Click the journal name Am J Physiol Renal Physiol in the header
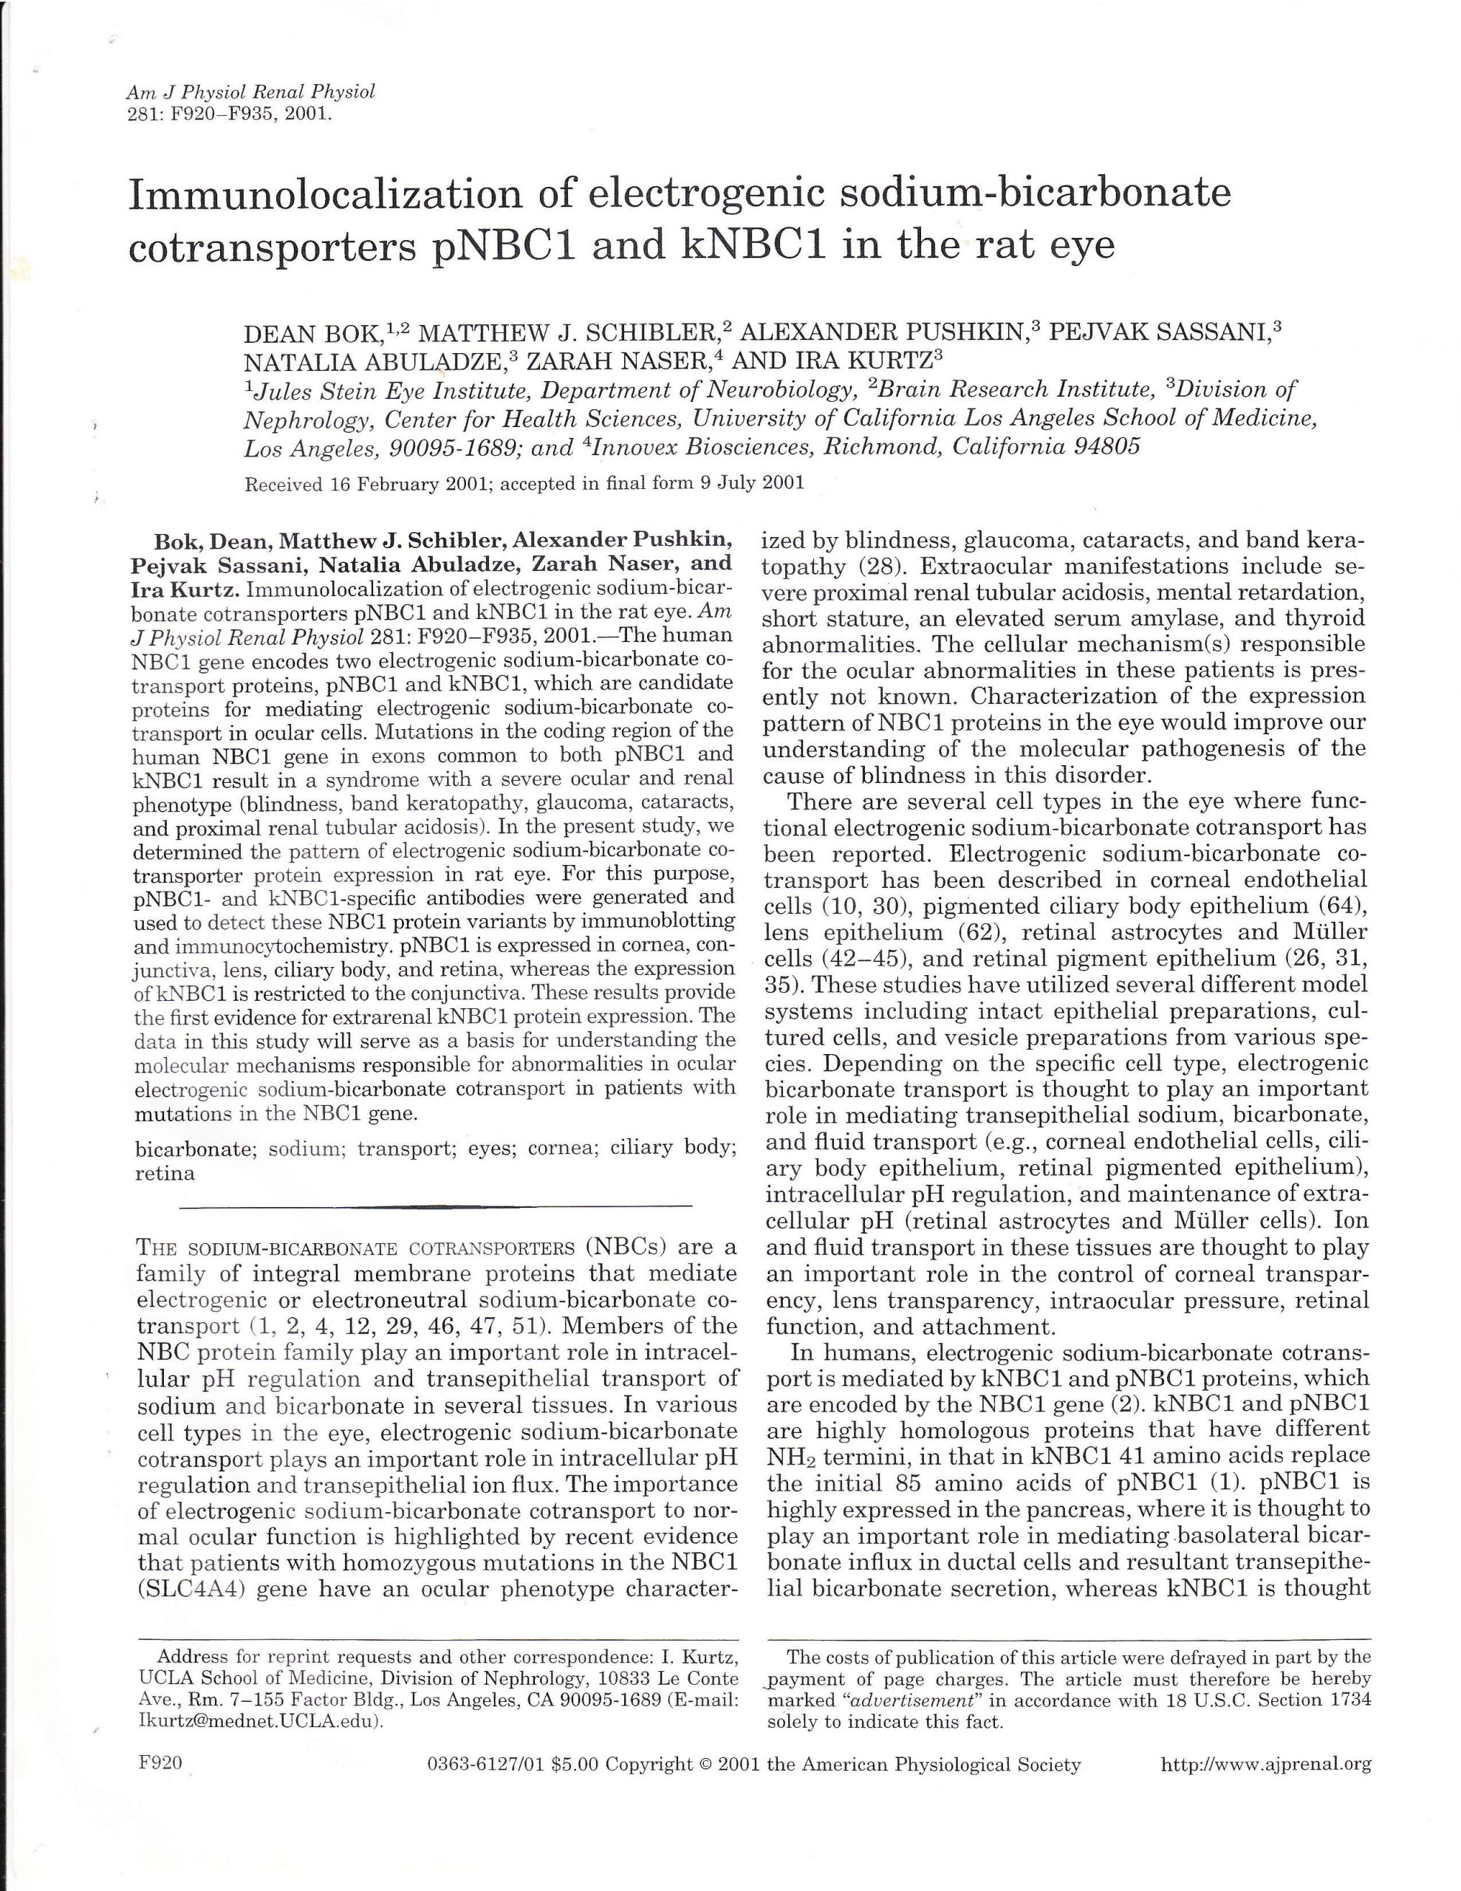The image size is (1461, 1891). coord(250,92)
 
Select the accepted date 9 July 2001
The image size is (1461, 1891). coord(752,484)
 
